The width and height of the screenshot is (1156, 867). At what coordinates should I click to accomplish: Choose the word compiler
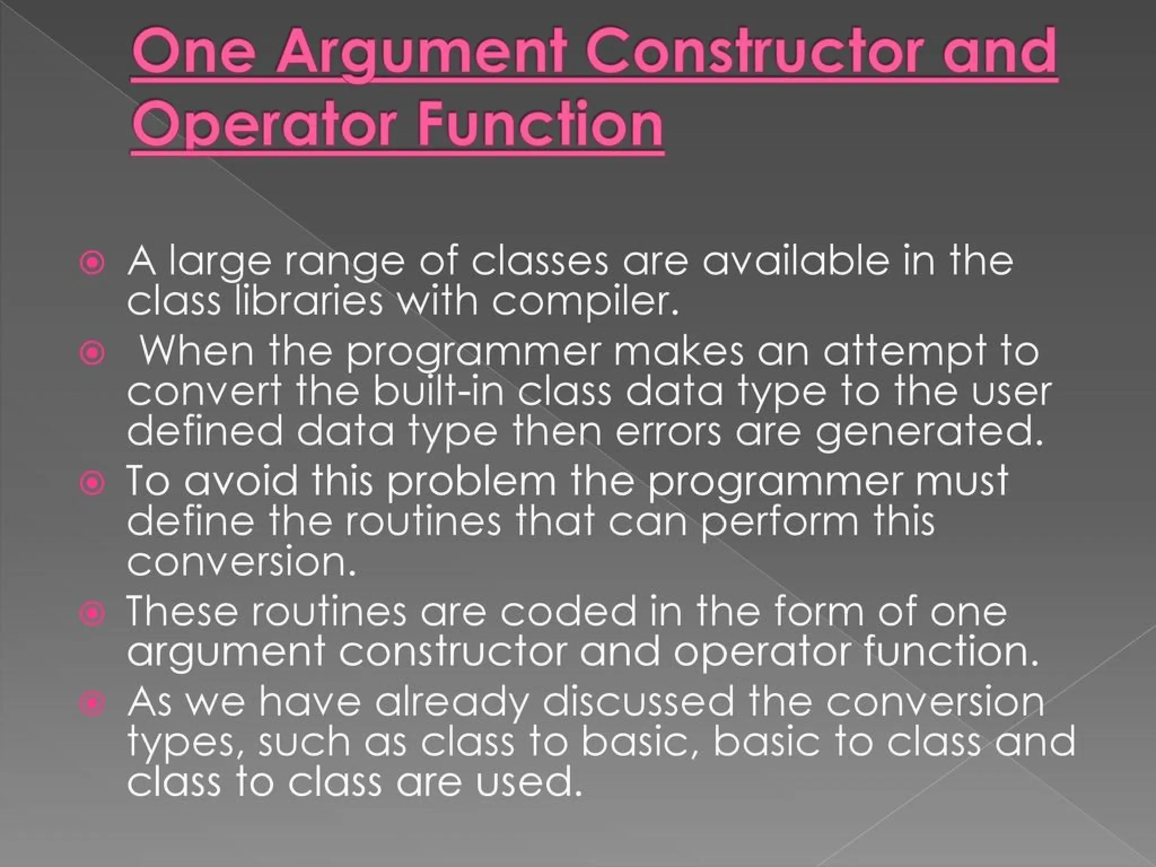click(x=584, y=302)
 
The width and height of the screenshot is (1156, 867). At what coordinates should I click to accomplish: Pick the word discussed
click(x=638, y=702)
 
